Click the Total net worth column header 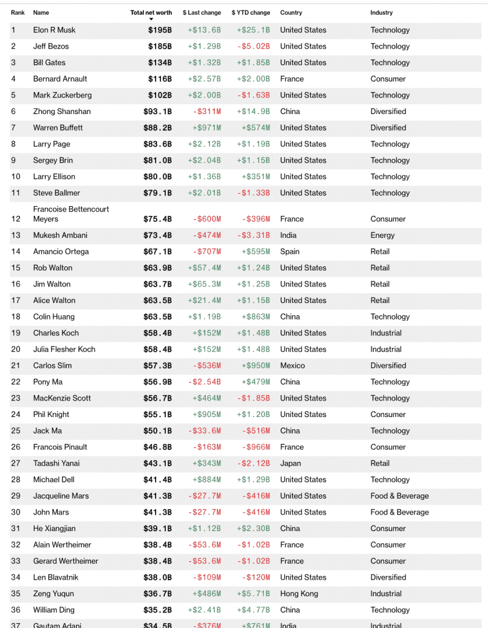point(151,12)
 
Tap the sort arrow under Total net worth point(151,20)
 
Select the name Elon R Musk point(54,30)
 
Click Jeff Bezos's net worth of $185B point(160,47)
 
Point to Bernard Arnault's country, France point(291,79)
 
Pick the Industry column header point(381,12)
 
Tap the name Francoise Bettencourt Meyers point(71,214)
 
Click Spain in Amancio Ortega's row point(290,251)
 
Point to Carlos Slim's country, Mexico point(292,366)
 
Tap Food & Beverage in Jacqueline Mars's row point(399,496)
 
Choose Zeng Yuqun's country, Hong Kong point(299,594)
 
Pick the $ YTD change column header point(250,12)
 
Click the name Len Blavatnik point(56,578)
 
